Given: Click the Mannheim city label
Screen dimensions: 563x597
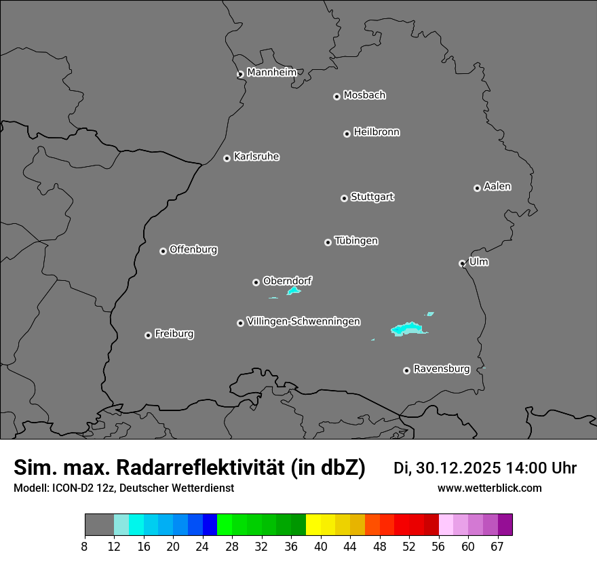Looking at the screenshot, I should click(x=271, y=73).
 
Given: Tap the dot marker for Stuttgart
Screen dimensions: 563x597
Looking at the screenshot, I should click(x=344, y=198).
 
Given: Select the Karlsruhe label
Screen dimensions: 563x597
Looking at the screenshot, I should click(x=256, y=157).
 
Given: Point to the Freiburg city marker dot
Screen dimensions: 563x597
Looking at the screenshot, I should click(x=148, y=335).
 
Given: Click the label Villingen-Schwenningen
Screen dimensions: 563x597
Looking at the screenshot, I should click(x=303, y=322).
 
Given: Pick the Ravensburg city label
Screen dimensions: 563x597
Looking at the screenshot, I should click(x=441, y=369).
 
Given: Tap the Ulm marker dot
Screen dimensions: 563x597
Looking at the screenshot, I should click(x=462, y=263).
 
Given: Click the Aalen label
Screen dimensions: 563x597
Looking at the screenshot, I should click(x=497, y=187).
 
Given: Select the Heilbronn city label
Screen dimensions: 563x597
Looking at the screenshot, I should click(x=377, y=132).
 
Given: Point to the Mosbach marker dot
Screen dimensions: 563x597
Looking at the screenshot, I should click(x=336, y=96).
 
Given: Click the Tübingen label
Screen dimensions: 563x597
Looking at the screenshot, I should click(x=356, y=241).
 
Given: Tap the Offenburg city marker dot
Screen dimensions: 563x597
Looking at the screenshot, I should click(x=163, y=251).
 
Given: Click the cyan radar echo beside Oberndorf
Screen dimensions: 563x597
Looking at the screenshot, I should click(x=294, y=291).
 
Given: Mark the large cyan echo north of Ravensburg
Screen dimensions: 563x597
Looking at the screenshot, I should click(x=407, y=329).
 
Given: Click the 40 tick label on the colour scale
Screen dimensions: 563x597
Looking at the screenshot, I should click(x=320, y=547).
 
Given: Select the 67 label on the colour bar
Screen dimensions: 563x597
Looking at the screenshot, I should click(x=497, y=547).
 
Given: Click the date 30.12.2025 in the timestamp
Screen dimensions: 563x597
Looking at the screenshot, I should click(x=458, y=468).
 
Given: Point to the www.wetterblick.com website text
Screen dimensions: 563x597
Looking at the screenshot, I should click(x=489, y=488).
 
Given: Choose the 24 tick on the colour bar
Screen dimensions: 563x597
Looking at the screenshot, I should click(x=202, y=547).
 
